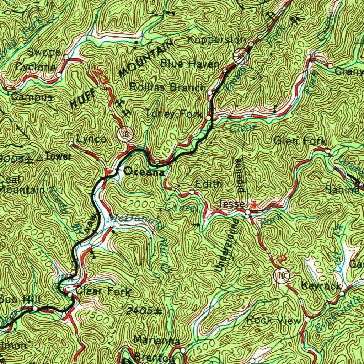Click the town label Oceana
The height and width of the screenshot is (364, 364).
[x=144, y=172]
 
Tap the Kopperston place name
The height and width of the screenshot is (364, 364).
[x=216, y=39]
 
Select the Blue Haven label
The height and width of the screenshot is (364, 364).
[x=190, y=64]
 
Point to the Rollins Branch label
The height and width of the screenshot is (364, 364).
[x=167, y=87]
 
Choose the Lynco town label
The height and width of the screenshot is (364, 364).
[x=91, y=139]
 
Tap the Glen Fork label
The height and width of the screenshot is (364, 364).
[x=300, y=141]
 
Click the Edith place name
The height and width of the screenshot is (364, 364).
[x=209, y=184]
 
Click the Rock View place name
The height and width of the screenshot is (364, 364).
[x=273, y=320]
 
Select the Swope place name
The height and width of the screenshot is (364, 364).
[x=43, y=52]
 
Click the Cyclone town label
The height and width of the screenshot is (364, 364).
[x=36, y=67]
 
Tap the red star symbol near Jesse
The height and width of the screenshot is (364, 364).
[x=253, y=205]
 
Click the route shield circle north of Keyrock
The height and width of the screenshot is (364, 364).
[x=282, y=275]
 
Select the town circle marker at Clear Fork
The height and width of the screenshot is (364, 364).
[x=70, y=295]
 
